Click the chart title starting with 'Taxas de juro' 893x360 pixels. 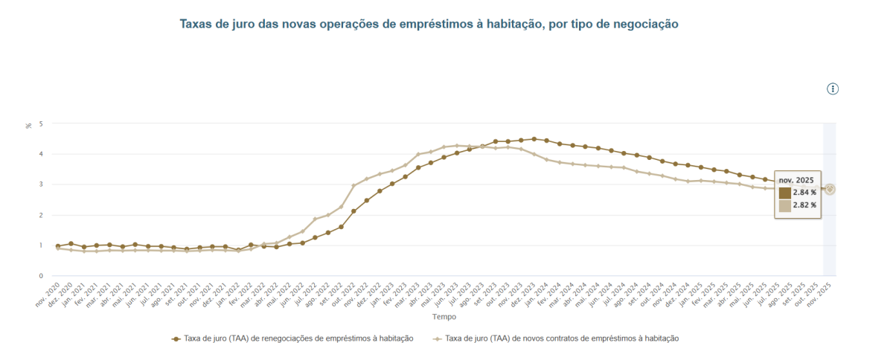[429, 25]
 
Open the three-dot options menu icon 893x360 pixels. [833, 89]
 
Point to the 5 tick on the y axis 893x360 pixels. [41, 123]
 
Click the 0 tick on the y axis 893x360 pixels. [41, 276]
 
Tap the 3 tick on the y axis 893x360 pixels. [41, 184]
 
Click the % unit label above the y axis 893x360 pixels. [29, 125]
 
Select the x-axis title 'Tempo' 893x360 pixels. [444, 317]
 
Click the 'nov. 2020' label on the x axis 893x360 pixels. [47, 294]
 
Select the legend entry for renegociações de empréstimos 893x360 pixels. [292, 338]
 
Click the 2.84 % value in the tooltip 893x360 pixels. [804, 192]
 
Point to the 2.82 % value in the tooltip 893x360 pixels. [804, 205]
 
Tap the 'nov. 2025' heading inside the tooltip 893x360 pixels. [796, 180]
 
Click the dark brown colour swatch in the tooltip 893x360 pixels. [785, 193]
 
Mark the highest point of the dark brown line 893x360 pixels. [534, 139]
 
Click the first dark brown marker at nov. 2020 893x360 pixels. [58, 246]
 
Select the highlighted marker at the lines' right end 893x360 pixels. [830, 190]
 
